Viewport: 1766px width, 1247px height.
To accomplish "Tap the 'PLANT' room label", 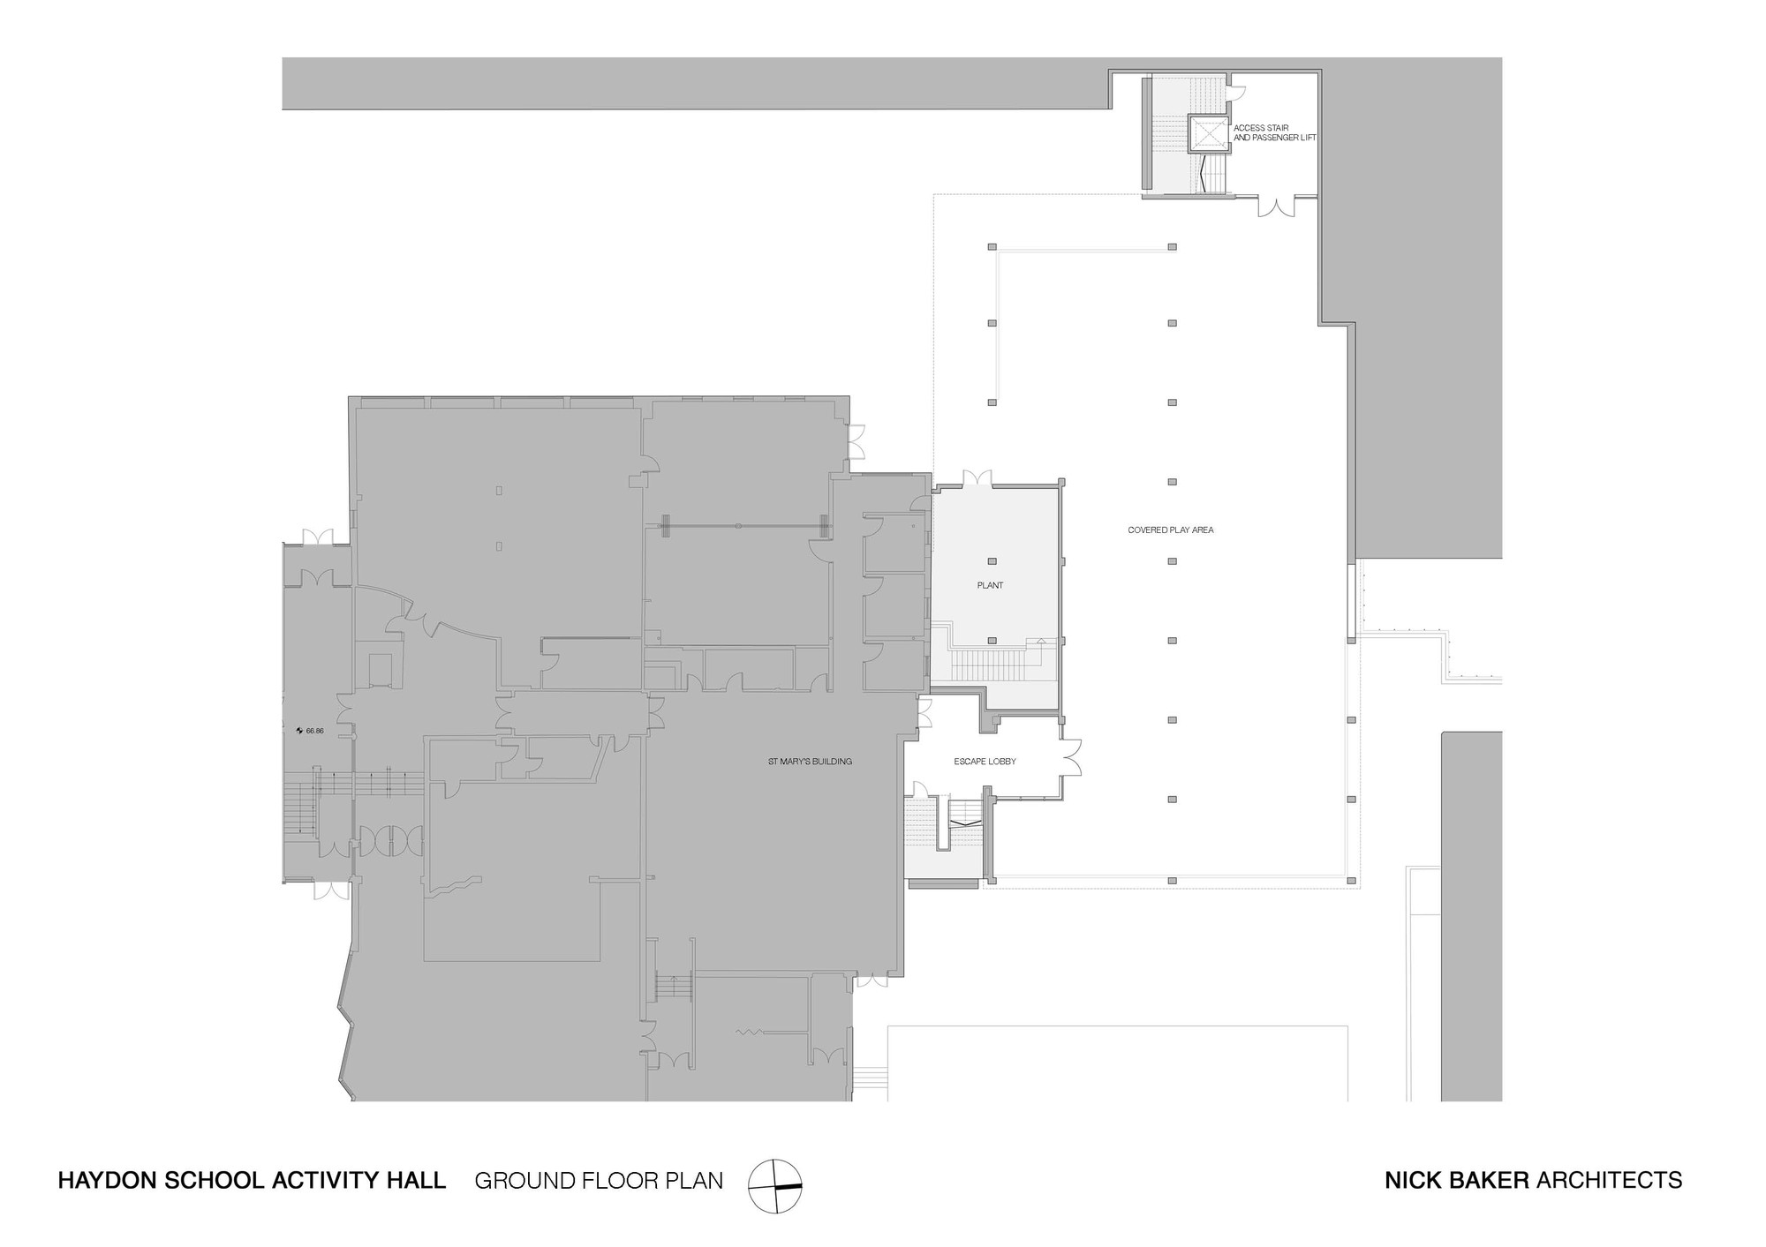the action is coord(990,586).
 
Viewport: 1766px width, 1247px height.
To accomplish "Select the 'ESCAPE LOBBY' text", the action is coord(985,762).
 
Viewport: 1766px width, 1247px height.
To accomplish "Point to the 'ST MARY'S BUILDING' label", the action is coord(809,762).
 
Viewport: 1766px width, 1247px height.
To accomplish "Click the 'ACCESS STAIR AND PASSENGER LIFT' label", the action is coord(1273,133).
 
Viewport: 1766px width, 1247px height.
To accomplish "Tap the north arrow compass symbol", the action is coord(775,1186).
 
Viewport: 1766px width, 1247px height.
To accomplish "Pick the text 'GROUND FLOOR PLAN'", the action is coord(599,1181).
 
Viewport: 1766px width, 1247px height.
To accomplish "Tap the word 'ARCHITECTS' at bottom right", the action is coord(1609,1181).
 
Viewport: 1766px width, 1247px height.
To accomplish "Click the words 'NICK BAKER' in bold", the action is coord(1457,1181).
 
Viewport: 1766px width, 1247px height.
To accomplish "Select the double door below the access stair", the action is coord(1278,207).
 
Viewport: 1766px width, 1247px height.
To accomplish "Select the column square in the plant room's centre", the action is coord(992,561).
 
